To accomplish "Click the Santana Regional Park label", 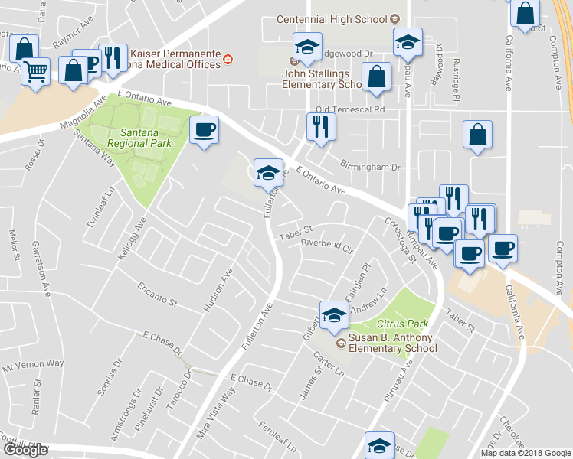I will pos(129,137).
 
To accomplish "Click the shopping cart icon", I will pos(35,71).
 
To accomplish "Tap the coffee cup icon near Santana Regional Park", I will pos(204,129).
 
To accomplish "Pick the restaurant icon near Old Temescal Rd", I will pos(320,125).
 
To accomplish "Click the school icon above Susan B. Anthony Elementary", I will pos(334,313).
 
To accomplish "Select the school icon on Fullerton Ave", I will pos(268,173).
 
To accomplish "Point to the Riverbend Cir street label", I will pos(326,249).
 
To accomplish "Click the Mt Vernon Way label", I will pos(33,364).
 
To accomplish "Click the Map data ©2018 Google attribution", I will pos(526,453).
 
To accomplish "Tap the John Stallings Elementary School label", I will pos(323,79).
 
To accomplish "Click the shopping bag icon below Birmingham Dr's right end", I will pos(477,135).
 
